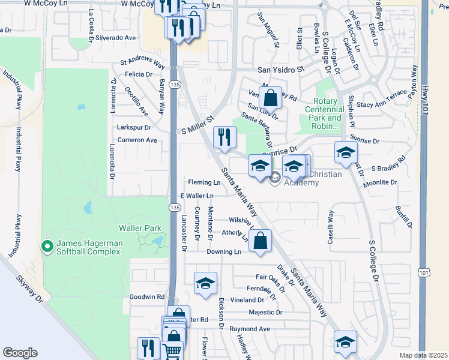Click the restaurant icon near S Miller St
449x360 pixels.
pyautogui.click(x=223, y=136)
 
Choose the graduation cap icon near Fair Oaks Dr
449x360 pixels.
pyautogui.click(x=205, y=283)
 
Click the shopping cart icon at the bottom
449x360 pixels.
pyautogui.click(x=172, y=350)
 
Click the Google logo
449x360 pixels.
pyautogui.click(x=20, y=352)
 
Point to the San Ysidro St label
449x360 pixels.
pyautogui.click(x=278, y=70)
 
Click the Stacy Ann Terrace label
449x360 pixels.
pyautogui.click(x=382, y=104)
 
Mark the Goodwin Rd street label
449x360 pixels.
pyautogui.click(x=147, y=296)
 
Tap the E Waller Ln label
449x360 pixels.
pyautogui.click(x=197, y=196)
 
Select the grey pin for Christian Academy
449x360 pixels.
pyautogui.click(x=276, y=177)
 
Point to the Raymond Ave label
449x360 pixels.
pyautogui.click(x=249, y=329)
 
